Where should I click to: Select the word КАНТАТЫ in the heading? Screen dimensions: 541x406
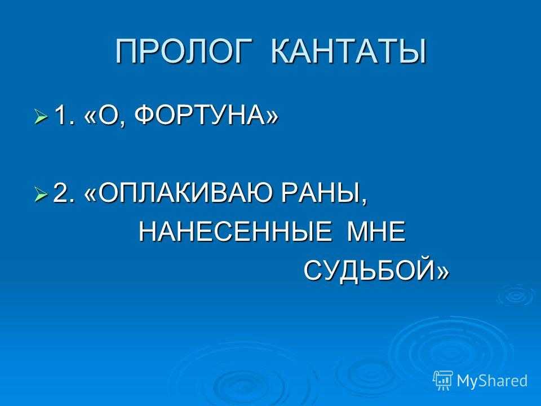(x=348, y=52)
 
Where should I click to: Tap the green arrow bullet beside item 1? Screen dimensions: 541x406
(x=41, y=116)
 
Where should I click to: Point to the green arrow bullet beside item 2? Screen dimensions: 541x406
(x=41, y=195)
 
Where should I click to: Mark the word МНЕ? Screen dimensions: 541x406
(x=376, y=232)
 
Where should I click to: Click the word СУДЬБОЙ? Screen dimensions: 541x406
(x=370, y=270)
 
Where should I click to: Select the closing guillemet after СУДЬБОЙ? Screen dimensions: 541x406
(x=443, y=272)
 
